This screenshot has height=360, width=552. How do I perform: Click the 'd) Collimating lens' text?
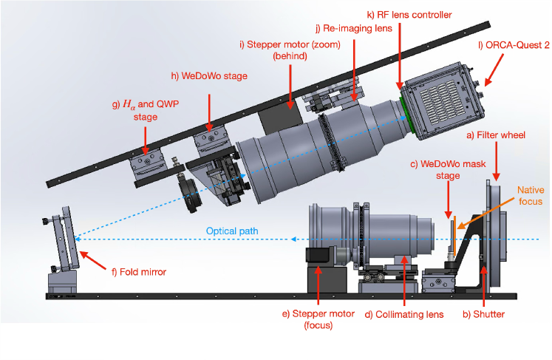point(404,314)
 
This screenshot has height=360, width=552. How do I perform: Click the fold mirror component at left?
point(67,237)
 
